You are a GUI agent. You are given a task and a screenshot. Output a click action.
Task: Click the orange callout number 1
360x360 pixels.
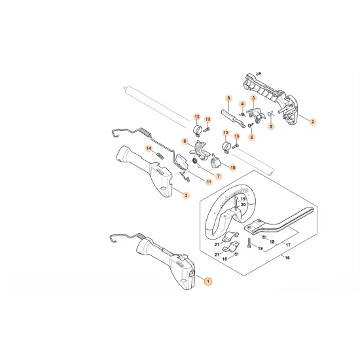click(x=208, y=281)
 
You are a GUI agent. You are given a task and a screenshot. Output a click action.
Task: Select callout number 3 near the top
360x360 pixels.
click(x=253, y=98)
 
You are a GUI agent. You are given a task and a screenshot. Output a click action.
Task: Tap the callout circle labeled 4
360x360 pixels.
click(x=242, y=104)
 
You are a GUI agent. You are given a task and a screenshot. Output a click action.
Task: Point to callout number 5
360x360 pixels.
click(x=251, y=137)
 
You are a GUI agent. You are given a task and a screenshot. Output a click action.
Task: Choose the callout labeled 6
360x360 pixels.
click(x=229, y=98)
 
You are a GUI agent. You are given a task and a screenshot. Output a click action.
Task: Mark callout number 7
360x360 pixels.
click(x=219, y=176)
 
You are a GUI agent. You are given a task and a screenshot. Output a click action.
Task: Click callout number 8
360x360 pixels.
click(x=185, y=141)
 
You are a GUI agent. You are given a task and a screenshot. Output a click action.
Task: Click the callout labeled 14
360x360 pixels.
click(x=149, y=149)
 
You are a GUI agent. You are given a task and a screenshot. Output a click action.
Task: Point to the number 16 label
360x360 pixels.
click(x=285, y=258)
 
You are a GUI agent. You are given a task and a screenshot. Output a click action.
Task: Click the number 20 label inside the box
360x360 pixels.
click(x=243, y=205)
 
